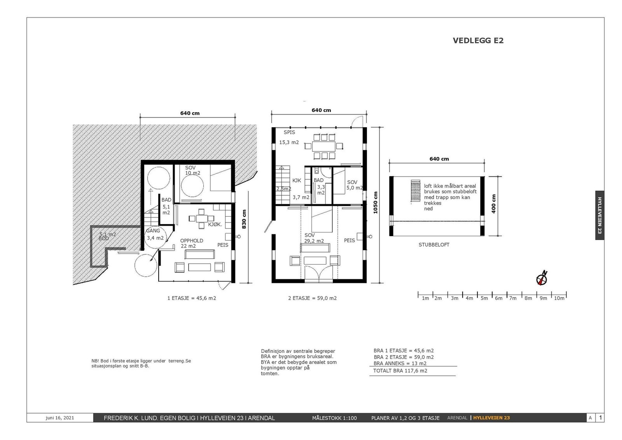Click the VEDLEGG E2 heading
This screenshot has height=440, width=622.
coord(478,40)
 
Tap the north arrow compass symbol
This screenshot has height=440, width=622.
coord(542,278)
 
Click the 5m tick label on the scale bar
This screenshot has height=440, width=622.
coord(484,298)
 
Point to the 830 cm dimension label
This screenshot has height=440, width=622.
coord(244,219)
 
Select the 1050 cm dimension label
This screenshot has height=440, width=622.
coord(376,203)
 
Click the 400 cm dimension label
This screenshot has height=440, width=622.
coord(493,204)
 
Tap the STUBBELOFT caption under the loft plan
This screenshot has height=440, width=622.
coord(434,245)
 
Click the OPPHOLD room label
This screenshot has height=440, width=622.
coord(192,241)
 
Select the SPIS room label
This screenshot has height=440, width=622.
coord(289,132)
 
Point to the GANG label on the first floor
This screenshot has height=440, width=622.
coord(153,231)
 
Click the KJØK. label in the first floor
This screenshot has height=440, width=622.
coord(215,224)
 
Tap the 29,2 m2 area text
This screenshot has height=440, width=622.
coord(314,241)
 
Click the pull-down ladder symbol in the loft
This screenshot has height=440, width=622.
coord(416,191)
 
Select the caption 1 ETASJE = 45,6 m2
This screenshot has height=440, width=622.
coord(192,298)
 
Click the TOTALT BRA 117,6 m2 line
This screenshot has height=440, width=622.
coord(400,370)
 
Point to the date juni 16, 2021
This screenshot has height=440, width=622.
coord(60,418)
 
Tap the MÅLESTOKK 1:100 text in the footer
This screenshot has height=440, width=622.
coord(334,418)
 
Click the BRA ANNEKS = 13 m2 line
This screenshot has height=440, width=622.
coord(400,363)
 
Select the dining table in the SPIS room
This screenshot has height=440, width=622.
coord(324,146)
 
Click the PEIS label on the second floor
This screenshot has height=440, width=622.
coord(349,240)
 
